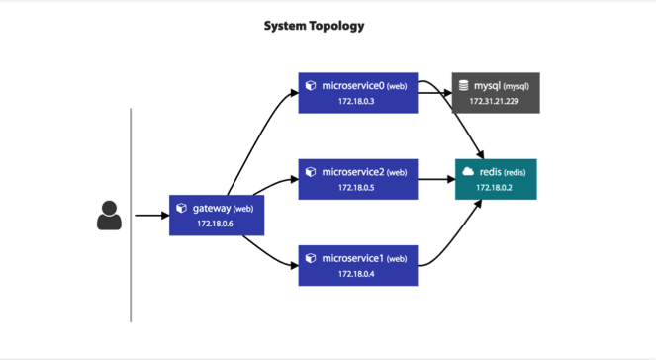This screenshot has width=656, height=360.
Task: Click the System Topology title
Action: [x=315, y=26]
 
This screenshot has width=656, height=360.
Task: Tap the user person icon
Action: [x=109, y=216]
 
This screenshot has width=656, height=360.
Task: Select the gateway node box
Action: [x=217, y=216]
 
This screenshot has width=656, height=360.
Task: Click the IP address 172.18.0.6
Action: [x=215, y=224]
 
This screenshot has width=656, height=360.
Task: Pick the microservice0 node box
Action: [x=358, y=93]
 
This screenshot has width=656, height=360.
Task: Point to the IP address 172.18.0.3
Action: [x=356, y=101]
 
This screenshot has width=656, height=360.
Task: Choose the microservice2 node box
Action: [x=358, y=179]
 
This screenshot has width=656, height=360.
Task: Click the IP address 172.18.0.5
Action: [x=356, y=188]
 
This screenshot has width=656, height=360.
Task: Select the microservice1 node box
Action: [x=358, y=265]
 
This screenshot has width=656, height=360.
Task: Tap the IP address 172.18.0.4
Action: [x=356, y=274]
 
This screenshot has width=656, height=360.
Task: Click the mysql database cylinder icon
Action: [x=463, y=85]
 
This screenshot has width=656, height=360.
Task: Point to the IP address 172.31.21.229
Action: [x=494, y=101]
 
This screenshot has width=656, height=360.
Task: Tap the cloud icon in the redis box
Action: [x=468, y=171]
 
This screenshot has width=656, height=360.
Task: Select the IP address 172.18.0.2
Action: [x=494, y=188]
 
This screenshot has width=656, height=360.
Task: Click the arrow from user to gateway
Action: [x=151, y=216]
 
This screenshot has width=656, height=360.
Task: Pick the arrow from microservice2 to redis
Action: [x=436, y=179]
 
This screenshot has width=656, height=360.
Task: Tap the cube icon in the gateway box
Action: [x=182, y=208]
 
